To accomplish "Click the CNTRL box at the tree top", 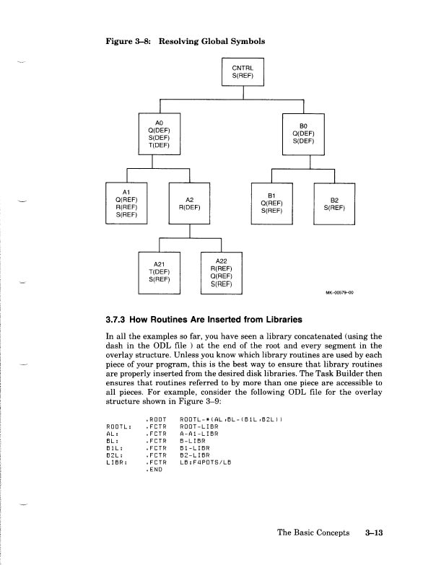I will tap(243, 71).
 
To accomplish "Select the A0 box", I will tap(159, 133).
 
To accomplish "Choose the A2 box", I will tap(189, 203).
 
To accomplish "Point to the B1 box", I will tap(271, 203).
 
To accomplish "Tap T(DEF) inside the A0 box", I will tap(159, 145).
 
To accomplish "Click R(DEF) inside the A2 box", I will tap(189, 207).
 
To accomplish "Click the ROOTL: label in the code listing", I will tap(118, 426).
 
